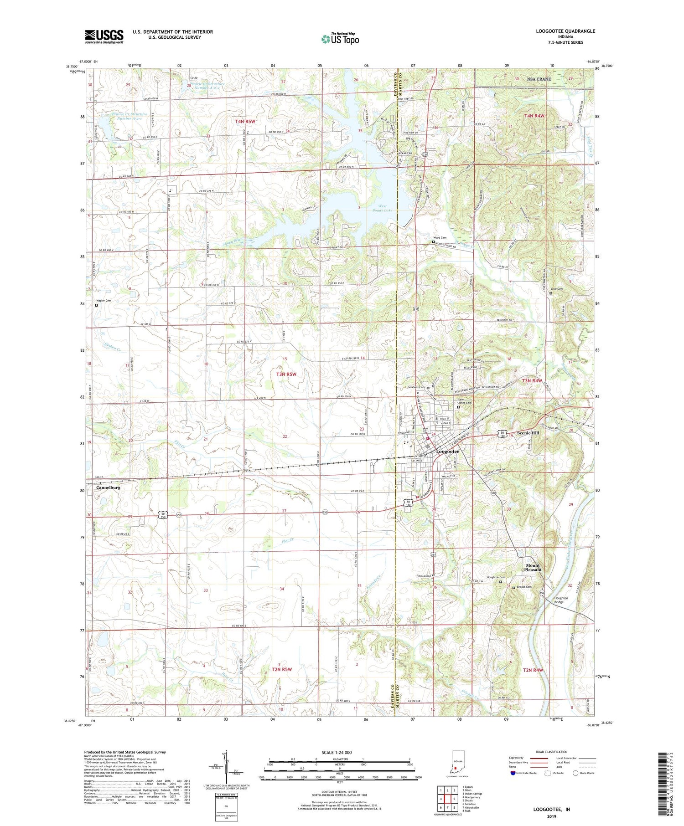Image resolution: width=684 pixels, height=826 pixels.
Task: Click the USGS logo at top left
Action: pyautogui.click(x=104, y=36)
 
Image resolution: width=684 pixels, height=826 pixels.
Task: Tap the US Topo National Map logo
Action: pyautogui.click(x=340, y=39)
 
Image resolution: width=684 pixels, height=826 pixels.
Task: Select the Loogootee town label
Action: pyautogui.click(x=448, y=451)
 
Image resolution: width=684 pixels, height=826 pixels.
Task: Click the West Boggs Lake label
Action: pyautogui.click(x=382, y=208)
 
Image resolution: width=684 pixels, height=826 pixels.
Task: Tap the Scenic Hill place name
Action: pyautogui.click(x=528, y=433)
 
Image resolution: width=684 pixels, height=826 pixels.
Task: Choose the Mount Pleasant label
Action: pyautogui.click(x=533, y=568)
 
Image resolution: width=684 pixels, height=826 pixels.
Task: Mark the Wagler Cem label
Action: pyautogui.click(x=103, y=301)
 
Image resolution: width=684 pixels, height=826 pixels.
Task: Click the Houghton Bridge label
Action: pyautogui.click(x=561, y=600)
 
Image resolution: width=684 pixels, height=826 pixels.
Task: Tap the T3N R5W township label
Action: pyautogui.click(x=286, y=374)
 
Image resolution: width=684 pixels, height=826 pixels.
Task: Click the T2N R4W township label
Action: pyautogui.click(x=533, y=670)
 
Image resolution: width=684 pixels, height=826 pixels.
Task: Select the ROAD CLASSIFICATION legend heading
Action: pyautogui.click(x=552, y=752)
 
